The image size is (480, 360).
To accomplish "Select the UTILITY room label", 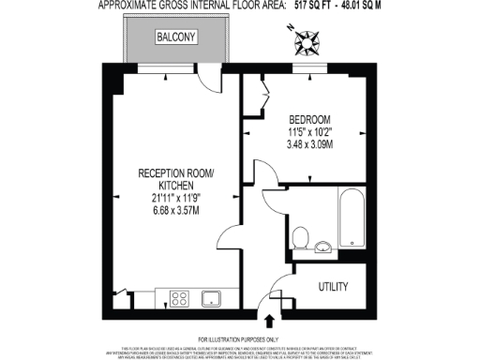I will pyautogui.click(x=334, y=286).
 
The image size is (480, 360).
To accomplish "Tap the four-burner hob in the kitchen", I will pyautogui.click(x=178, y=299).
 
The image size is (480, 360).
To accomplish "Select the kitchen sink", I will pyautogui.click(x=211, y=299).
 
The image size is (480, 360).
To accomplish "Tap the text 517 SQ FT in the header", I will pyautogui.click(x=312, y=6).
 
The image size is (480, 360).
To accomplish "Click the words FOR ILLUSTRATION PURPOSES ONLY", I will pyautogui.click(x=238, y=338).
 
